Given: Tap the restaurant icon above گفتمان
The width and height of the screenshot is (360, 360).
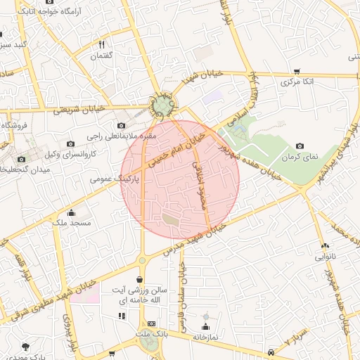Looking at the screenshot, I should pyautogui.click(x=103, y=44).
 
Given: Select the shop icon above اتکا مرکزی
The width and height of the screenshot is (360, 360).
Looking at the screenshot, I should pyautogui.click(x=297, y=71).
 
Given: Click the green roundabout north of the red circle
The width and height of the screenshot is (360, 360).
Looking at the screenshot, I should pyautogui.click(x=163, y=106).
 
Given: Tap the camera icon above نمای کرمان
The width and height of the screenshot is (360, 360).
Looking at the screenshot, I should pyautogui.click(x=300, y=145).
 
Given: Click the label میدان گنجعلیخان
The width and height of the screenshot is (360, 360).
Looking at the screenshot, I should pyautogui.click(x=31, y=169).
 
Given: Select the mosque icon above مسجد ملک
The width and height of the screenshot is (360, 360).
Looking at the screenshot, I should pyautogui.click(x=70, y=212).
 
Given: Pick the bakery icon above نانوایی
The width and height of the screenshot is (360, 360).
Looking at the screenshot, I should pyautogui.click(x=325, y=245).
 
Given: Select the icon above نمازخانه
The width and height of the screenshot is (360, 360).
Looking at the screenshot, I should pyautogui.click(x=206, y=327).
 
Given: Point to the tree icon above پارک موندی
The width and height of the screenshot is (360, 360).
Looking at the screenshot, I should pyautogui.click(x=27, y=347).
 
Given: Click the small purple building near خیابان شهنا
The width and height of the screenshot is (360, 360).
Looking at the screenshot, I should pyautogui.click(x=213, y=95).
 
